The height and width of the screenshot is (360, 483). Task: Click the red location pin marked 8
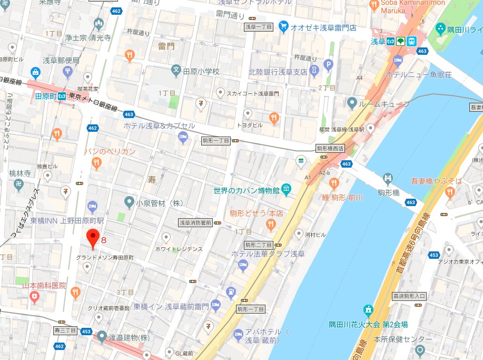(x=93, y=238)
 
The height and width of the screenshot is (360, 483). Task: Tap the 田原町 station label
(x=45, y=96)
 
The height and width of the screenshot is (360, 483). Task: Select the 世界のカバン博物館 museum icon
(x=286, y=188)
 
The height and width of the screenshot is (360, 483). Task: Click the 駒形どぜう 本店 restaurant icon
(x=270, y=225)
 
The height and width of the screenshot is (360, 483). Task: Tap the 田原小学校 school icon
(x=177, y=71)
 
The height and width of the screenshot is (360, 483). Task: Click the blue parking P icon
(x=329, y=66)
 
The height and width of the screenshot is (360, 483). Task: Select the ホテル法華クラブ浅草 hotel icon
(x=243, y=266)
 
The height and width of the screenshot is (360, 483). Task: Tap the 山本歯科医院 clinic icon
(x=35, y=297)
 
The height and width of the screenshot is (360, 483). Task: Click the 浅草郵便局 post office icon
(x=67, y=71)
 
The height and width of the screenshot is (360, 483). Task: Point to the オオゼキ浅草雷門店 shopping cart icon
(x=283, y=26)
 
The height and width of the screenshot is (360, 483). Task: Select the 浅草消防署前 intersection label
(x=195, y=223)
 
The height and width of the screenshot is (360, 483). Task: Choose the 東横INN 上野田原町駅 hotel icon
(x=92, y=206)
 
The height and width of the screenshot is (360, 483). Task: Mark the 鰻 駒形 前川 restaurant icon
(x=333, y=183)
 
